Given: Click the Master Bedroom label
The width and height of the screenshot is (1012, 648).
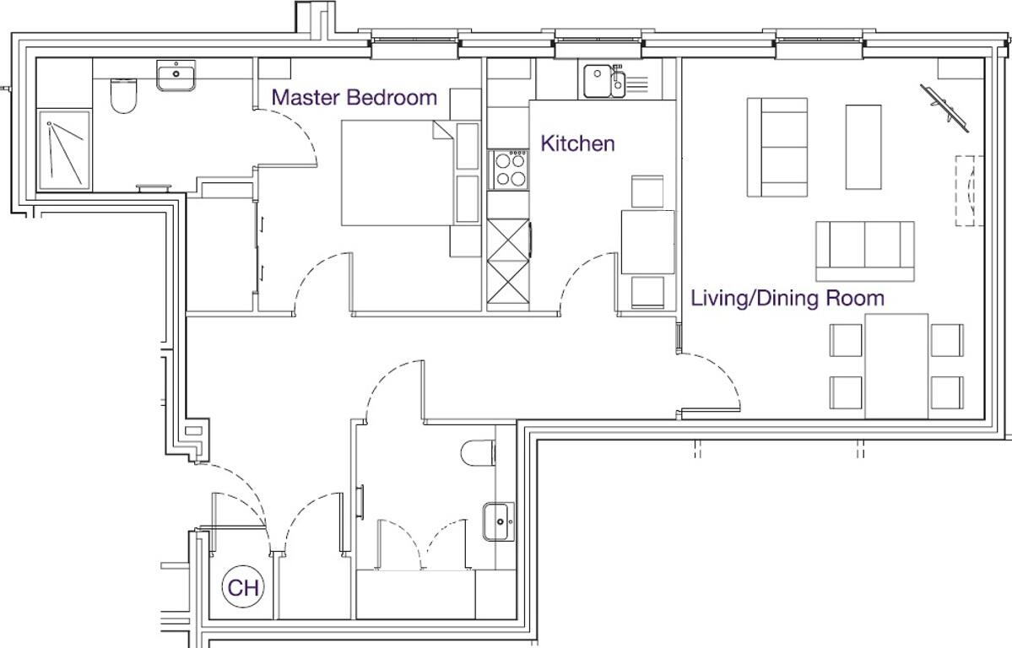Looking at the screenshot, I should pos(354,97).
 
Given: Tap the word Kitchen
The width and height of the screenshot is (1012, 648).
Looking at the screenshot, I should pos(577,143).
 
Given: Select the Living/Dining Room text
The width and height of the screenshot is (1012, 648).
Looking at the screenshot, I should pos(787,298).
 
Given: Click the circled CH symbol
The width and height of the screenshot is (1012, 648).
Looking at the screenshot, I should pos(243,587).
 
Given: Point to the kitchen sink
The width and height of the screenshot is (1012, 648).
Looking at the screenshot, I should pos(603,82).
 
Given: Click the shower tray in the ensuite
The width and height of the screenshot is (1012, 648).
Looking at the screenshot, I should pos(64,149).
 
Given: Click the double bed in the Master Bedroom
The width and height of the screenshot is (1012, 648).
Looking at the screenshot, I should pos(397,173).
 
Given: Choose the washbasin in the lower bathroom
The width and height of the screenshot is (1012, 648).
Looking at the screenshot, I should pos(499,521).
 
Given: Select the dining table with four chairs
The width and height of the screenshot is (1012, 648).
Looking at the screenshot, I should pos(896,364).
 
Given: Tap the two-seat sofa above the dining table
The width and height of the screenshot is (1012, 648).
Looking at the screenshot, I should pos(864,250).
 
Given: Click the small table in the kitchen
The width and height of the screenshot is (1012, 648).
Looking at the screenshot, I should pos(647,242).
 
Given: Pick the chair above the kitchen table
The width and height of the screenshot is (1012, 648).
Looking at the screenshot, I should pos(647,192).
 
